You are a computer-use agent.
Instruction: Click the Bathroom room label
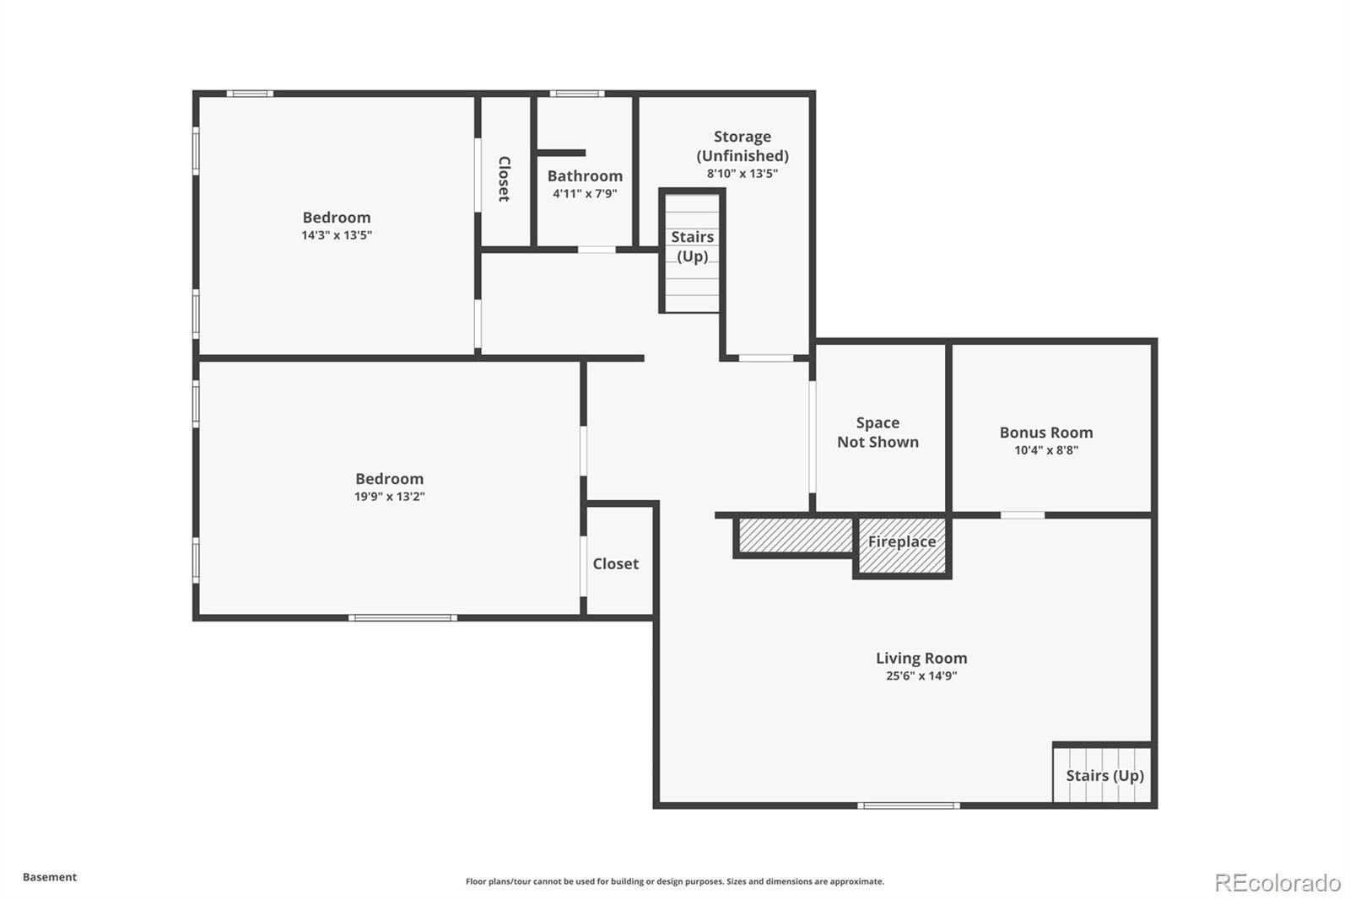[585, 175]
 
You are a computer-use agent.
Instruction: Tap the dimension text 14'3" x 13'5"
[337, 235]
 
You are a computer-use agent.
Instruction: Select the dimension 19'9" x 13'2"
[389, 497]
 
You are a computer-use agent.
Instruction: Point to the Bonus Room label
[1045, 432]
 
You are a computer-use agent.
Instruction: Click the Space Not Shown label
[877, 432]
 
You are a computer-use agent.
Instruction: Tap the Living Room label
[921, 658]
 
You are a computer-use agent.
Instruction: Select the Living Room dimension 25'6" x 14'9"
[921, 676]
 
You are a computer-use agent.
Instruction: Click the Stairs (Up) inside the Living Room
[1104, 775]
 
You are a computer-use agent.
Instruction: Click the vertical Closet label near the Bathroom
[504, 179]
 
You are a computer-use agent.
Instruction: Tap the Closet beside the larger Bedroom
[615, 563]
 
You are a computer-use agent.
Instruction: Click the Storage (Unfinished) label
[742, 146]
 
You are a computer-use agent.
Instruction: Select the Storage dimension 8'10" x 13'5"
[742, 174]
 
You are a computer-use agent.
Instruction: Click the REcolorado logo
[1277, 882]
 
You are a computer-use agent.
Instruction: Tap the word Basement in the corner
[50, 877]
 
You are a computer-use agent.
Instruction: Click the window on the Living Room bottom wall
[909, 805]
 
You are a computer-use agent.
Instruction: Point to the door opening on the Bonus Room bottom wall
[1022, 514]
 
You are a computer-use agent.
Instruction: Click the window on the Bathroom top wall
[577, 94]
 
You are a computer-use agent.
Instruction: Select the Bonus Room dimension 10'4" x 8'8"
[1045, 450]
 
